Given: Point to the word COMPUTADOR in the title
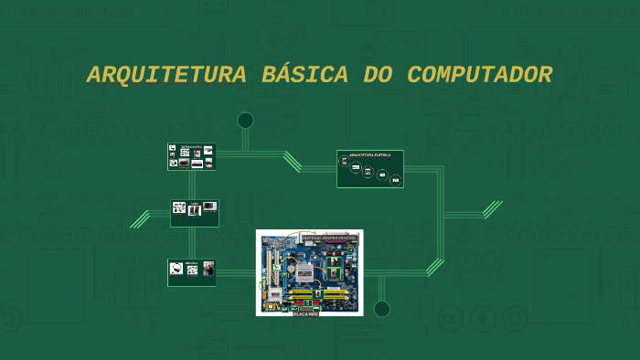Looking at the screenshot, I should pyautogui.click(x=479, y=76).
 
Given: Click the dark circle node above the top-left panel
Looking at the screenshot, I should pyautogui.click(x=245, y=120).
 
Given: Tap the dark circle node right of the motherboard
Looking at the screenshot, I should pyautogui.click(x=381, y=309).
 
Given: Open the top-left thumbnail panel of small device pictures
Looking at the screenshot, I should pyautogui.click(x=191, y=157).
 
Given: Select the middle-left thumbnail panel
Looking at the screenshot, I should pyautogui.click(x=194, y=213).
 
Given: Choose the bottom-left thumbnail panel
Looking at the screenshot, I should pyautogui.click(x=192, y=272).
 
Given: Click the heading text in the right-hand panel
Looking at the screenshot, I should pyautogui.click(x=369, y=156).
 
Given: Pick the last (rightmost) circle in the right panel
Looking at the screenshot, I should pyautogui.click(x=396, y=179).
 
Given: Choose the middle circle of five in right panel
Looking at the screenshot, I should pyautogui.click(x=368, y=172).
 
